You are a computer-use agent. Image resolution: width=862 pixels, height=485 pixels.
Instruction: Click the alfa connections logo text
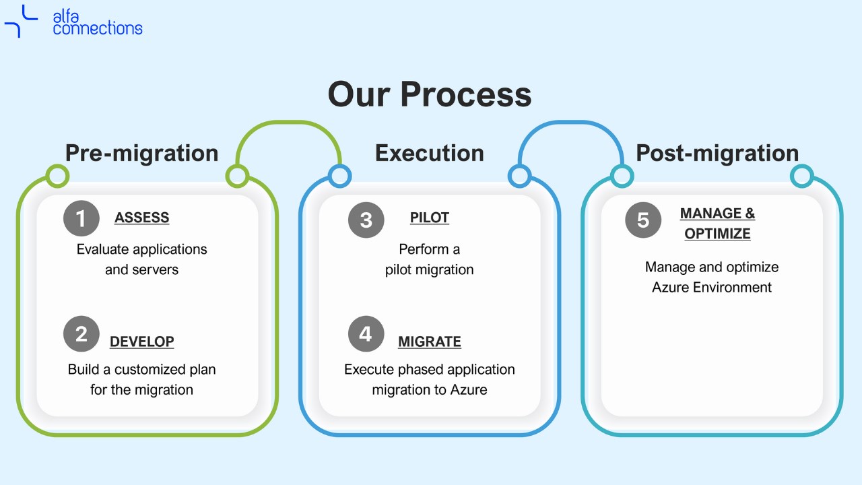(98, 23)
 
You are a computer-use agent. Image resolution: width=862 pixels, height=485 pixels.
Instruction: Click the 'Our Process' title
(430, 94)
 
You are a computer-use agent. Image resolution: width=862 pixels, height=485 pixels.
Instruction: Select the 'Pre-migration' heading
(142, 153)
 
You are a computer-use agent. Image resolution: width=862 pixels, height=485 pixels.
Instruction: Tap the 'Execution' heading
(430, 153)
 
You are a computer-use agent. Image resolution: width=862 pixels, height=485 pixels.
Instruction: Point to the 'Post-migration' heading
(717, 153)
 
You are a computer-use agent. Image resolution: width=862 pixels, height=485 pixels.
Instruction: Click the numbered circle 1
(81, 218)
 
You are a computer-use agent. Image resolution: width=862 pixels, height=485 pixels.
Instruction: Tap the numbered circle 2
(81, 333)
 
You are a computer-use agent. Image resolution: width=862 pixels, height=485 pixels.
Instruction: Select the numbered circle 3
(366, 220)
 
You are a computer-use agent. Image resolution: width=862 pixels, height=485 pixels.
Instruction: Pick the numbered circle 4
(366, 333)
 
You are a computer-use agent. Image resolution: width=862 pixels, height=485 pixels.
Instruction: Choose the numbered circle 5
(643, 220)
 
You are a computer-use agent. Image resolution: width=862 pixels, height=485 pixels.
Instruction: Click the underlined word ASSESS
(141, 218)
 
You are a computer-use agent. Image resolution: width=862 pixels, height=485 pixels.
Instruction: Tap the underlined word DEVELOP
(141, 342)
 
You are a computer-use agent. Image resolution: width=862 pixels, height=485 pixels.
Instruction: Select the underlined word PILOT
(430, 218)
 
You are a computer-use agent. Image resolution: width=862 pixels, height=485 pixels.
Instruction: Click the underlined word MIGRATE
(430, 342)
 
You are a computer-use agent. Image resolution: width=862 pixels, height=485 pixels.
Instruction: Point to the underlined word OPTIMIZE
(717, 234)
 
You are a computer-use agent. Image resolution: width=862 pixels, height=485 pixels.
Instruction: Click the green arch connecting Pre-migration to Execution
(289, 123)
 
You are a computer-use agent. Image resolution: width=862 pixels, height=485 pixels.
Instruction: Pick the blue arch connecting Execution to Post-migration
(571, 123)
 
